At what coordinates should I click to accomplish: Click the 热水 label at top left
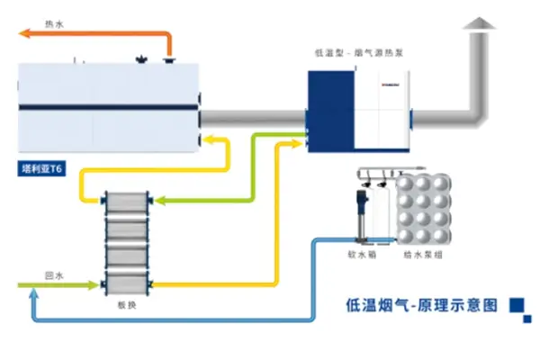(53, 27)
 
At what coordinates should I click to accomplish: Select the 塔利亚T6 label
(41, 167)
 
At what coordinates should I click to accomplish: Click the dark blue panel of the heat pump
(331, 107)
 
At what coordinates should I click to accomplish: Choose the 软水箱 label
(362, 255)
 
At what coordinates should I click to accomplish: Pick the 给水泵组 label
(417, 255)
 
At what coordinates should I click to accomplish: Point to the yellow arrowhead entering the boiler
(207, 139)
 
